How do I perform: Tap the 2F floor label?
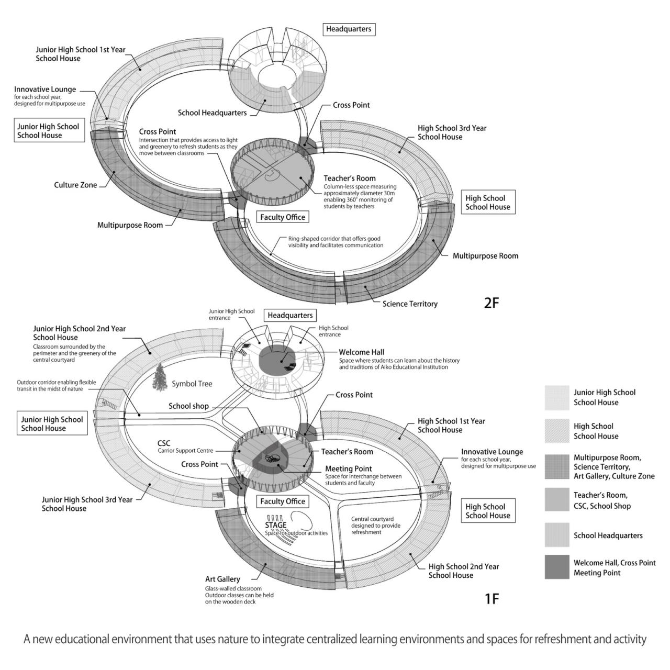pyautogui.click(x=492, y=303)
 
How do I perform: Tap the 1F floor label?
pyautogui.click(x=492, y=598)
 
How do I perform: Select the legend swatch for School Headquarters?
pyautogui.click(x=556, y=535)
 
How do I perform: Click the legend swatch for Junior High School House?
pyautogui.click(x=556, y=397)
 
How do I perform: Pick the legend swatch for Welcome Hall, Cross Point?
pyautogui.click(x=556, y=567)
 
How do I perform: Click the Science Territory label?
pyautogui.click(x=410, y=304)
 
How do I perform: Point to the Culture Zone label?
pyautogui.click(x=75, y=185)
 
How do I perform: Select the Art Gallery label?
pyautogui.click(x=222, y=579)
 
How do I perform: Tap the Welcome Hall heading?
pyautogui.click(x=361, y=352)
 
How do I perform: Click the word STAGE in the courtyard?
pyautogui.click(x=276, y=525)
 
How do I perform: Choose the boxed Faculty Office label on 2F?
pyautogui.click(x=283, y=217)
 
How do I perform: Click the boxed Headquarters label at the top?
pyautogui.click(x=349, y=29)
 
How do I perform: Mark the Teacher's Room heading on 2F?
pyautogui.click(x=349, y=178)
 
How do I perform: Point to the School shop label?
pyautogui.click(x=188, y=406)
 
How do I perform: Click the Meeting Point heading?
pyautogui.click(x=349, y=468)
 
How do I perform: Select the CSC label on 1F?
pyautogui.click(x=164, y=443)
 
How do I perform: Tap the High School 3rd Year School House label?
pyautogui.click(x=452, y=132)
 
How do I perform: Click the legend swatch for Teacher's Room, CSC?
pyautogui.click(x=556, y=499)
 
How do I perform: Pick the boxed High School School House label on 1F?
pyautogui.click(x=487, y=511)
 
